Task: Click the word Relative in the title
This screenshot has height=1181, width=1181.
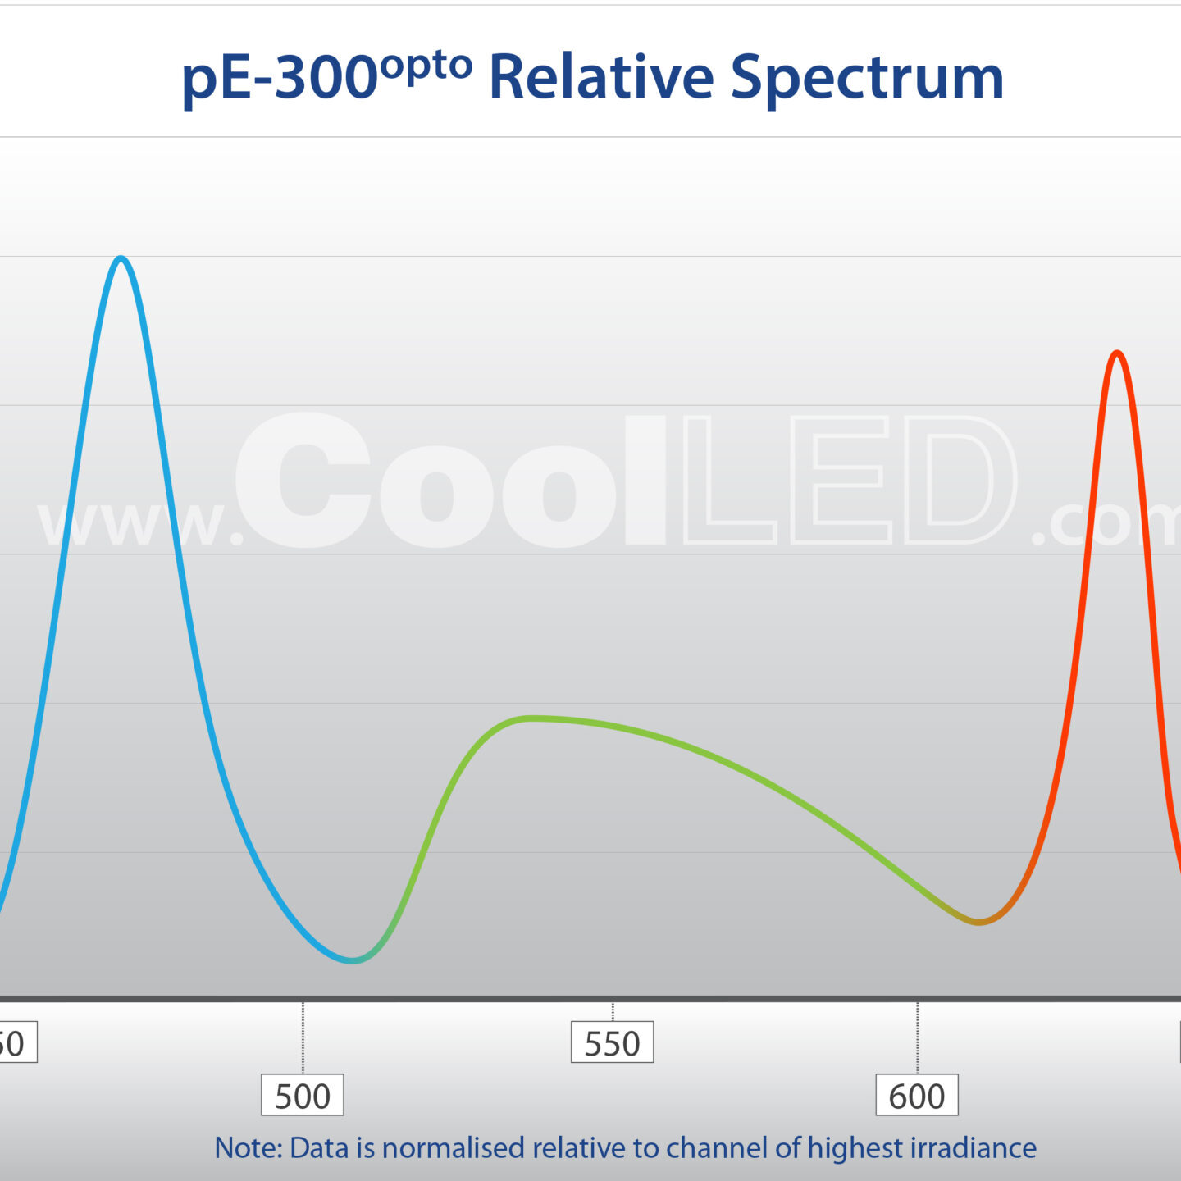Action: coord(601,77)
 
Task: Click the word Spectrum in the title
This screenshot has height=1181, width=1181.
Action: coord(867,79)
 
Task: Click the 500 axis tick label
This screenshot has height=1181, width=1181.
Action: coord(302,1096)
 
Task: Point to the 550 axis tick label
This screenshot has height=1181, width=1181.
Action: coord(612,1043)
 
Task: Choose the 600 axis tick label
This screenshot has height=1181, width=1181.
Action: coord(916,1096)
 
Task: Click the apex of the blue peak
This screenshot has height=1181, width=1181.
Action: coord(121,258)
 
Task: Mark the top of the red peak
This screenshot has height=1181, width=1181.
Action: coord(1116,353)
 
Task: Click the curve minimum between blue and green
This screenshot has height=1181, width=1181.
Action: coord(353,960)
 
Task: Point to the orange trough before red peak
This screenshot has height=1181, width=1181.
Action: coord(978,922)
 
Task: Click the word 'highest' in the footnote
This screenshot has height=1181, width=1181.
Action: coord(855,1148)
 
